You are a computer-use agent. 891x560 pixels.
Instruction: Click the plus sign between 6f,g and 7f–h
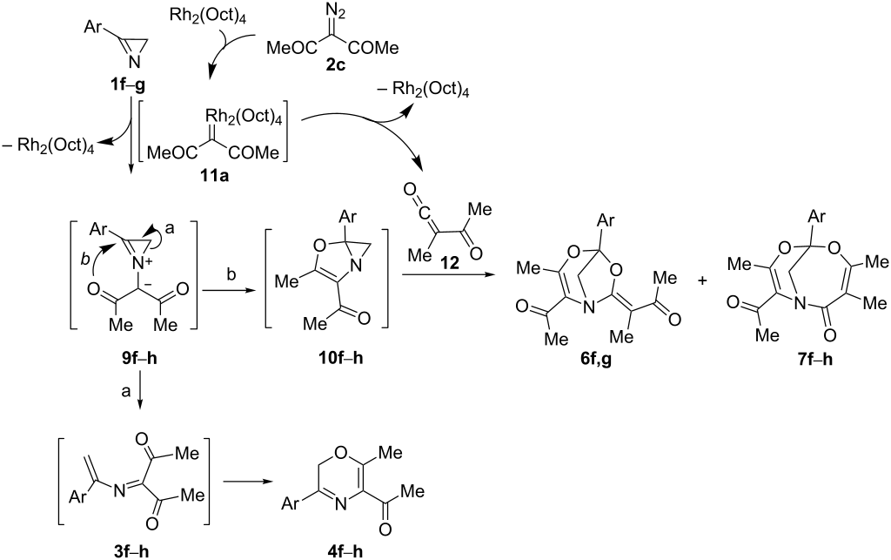point(702,280)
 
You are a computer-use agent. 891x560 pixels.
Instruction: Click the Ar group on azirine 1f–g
point(93,27)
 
